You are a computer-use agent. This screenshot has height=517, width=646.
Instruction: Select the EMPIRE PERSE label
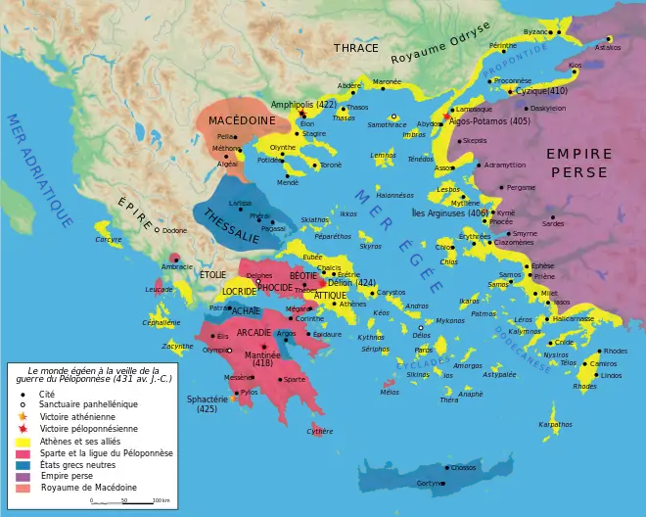point(578,163)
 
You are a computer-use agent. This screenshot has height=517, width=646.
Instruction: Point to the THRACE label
point(355,47)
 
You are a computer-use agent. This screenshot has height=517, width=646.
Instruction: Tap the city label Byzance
point(536,31)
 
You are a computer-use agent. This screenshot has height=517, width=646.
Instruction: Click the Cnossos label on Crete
point(463,467)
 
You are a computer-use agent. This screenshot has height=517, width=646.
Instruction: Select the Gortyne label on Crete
point(429,483)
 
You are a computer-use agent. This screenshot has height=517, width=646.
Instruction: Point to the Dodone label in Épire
point(174,230)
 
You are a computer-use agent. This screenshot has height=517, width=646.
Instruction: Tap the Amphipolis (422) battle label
point(303,104)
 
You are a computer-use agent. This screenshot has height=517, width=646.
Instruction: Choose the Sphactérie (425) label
point(207,403)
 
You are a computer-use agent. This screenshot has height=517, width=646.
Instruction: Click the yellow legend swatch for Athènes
point(22,441)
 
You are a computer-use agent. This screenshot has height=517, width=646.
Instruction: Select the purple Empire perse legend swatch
point(22,476)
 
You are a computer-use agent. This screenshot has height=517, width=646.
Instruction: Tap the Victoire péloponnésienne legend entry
point(80,429)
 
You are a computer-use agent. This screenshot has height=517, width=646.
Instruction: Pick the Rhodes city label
point(615,350)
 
